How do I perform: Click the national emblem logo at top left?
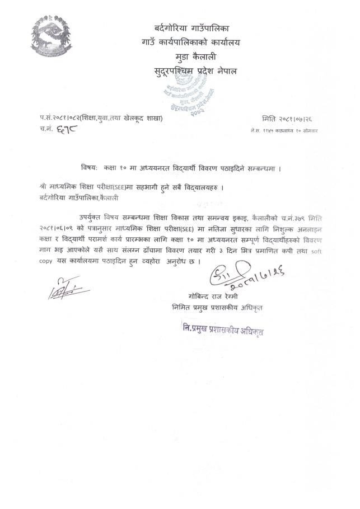click(54, 34)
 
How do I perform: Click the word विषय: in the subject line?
click(89, 167)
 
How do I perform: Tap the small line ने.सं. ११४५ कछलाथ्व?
click(284, 130)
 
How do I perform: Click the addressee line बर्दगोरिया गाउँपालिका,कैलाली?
click(80, 197)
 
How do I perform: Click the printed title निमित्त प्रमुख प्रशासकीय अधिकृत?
click(217, 308)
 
